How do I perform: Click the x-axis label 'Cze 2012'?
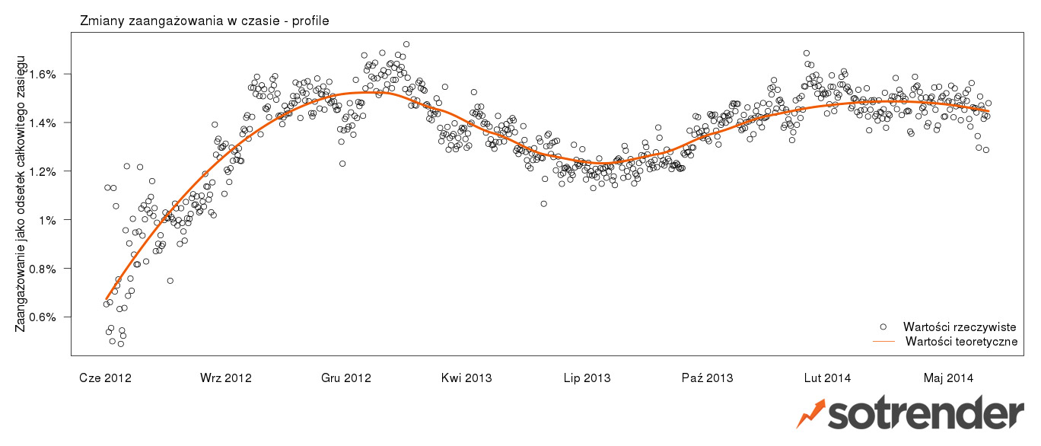pyautogui.click(x=105, y=378)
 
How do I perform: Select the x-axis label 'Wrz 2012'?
pyautogui.click(x=225, y=378)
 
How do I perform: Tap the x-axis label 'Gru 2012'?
pyautogui.click(x=345, y=378)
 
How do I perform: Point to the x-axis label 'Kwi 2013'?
pyautogui.click(x=466, y=378)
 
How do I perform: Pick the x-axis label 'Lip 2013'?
pyautogui.click(x=587, y=378)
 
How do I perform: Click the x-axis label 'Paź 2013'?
pyautogui.click(x=707, y=378)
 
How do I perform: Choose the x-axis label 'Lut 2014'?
pyautogui.click(x=827, y=378)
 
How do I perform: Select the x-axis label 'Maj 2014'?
pyautogui.click(x=948, y=378)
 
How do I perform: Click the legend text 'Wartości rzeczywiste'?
pyautogui.click(x=960, y=327)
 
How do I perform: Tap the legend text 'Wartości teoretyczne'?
pyautogui.click(x=961, y=342)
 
